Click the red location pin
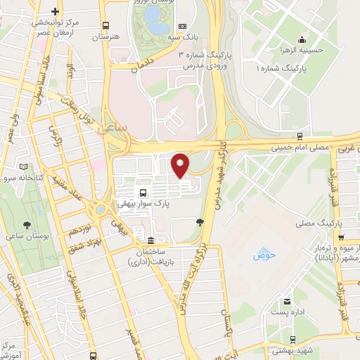coord(180,165)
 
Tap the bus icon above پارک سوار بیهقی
coord(143,192)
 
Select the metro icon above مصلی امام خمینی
coord(300,136)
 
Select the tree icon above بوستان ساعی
coord(27,225)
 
